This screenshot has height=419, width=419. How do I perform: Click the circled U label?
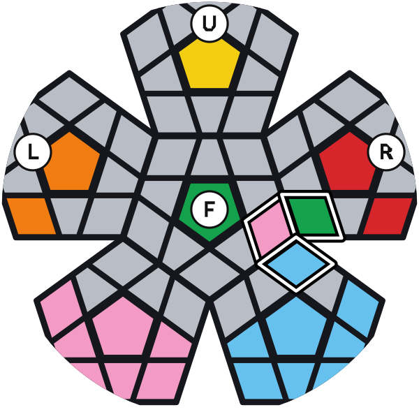click(x=209, y=24)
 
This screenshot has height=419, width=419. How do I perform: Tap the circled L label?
click(x=33, y=152)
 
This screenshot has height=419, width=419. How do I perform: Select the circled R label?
click(x=386, y=152)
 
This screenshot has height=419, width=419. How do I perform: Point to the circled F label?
click(x=209, y=209)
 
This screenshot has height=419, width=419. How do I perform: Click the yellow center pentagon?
click(x=209, y=65)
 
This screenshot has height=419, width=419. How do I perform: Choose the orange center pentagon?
click(x=71, y=163)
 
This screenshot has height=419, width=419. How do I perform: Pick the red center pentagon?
click(x=348, y=163)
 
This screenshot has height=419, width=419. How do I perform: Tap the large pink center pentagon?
click(x=123, y=328)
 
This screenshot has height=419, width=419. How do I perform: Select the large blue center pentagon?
click(x=296, y=328)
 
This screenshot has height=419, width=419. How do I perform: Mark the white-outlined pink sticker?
click(x=270, y=229)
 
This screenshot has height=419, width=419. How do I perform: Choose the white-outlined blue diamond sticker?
click(x=296, y=264)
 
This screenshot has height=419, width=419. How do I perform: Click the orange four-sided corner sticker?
click(x=31, y=216)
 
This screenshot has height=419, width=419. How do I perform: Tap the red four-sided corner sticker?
click(x=388, y=216)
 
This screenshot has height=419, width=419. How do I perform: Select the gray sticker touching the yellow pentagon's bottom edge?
click(x=209, y=114)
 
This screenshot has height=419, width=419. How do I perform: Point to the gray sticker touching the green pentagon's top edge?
click(x=209, y=157)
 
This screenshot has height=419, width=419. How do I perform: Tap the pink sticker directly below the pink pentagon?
click(x=123, y=379)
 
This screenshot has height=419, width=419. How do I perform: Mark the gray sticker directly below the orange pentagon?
click(x=69, y=216)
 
